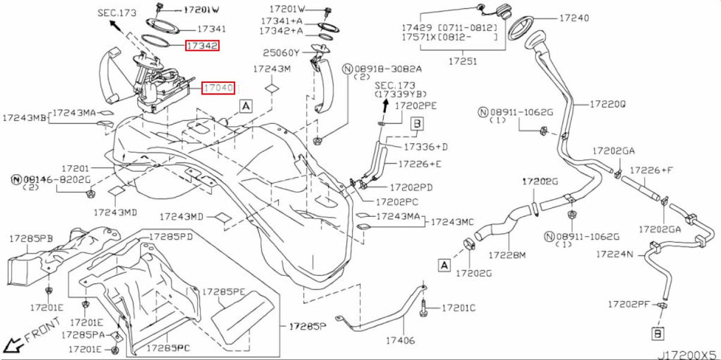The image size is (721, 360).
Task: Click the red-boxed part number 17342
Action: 202,46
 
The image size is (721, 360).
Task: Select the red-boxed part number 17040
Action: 218,88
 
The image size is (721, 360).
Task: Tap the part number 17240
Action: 574,18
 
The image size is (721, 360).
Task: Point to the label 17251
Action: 463,61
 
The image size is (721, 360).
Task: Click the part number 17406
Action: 400,340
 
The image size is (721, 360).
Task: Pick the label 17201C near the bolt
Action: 458,308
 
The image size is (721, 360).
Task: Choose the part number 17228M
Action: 507,255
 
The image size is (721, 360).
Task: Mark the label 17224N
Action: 615,254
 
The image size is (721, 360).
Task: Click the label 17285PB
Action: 31,239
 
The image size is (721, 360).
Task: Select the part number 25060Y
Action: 281,53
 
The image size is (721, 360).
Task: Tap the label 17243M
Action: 272,69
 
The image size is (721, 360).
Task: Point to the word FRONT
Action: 42,330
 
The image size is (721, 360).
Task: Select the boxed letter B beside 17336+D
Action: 417,124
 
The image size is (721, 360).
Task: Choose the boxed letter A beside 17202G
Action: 444,265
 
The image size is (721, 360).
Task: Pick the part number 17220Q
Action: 608,105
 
